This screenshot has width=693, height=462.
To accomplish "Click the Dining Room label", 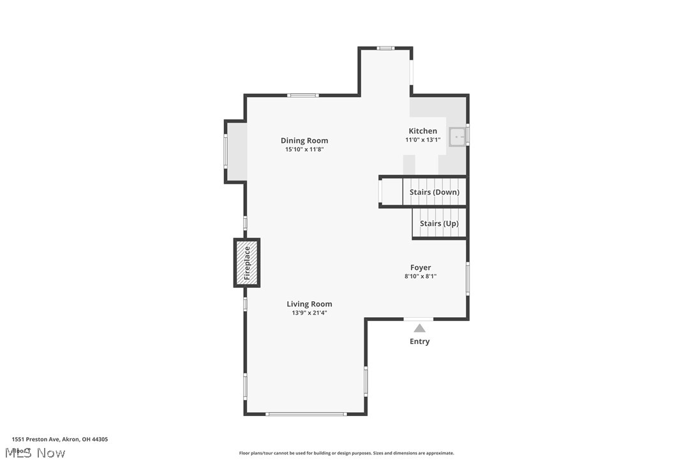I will pyautogui.click(x=304, y=140).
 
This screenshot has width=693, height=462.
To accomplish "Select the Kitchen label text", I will pyautogui.click(x=423, y=131).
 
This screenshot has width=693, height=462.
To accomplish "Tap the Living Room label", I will pyautogui.click(x=309, y=304).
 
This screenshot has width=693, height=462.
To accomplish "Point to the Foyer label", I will pyautogui.click(x=421, y=267).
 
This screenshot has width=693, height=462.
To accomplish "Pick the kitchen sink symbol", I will pyautogui.click(x=458, y=137).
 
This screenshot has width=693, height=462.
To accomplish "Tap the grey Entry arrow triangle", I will pyautogui.click(x=419, y=328).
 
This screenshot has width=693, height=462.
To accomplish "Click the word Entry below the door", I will pyautogui.click(x=419, y=341).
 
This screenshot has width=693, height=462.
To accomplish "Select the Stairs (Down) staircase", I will pyautogui.click(x=434, y=192).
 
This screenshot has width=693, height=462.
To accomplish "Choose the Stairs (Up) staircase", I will pyautogui.click(x=439, y=223).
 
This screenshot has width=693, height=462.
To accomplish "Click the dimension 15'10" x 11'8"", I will pyautogui.click(x=304, y=149).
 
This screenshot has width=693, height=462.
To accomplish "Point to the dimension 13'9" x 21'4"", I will pyautogui.click(x=309, y=313).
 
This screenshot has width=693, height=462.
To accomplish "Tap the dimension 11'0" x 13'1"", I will pyautogui.click(x=423, y=140).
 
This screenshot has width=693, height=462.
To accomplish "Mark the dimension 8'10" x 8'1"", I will pyautogui.click(x=421, y=276).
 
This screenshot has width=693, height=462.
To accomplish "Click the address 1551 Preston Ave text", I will pyautogui.click(x=60, y=439).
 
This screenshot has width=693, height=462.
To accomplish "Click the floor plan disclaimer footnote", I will pyautogui.click(x=346, y=453).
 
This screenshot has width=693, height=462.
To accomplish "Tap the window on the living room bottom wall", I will pyautogui.click(x=306, y=414).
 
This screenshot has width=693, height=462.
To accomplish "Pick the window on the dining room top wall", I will pyautogui.click(x=302, y=95).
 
